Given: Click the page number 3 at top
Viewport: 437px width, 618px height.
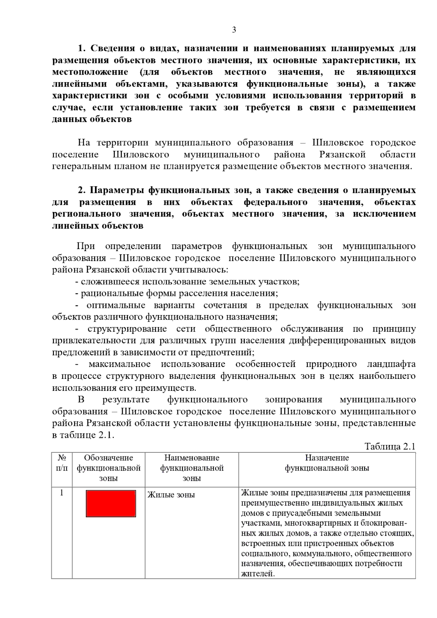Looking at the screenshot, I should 234,30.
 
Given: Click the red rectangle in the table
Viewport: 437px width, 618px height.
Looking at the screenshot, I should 111,503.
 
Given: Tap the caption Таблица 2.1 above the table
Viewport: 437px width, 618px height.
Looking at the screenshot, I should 390,446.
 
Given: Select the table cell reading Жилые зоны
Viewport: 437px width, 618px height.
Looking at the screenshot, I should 171,495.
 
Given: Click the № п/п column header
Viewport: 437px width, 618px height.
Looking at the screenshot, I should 62,463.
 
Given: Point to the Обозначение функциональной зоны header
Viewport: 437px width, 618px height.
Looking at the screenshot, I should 109,468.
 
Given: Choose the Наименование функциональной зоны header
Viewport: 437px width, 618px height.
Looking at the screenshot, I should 192,468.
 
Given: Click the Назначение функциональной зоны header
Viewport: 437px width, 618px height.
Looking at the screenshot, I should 327,463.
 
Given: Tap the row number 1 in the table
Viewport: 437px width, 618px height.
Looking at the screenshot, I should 62,493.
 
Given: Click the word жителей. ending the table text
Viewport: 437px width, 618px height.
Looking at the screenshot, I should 257,574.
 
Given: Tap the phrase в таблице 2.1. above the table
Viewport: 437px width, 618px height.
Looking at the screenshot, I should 83,435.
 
